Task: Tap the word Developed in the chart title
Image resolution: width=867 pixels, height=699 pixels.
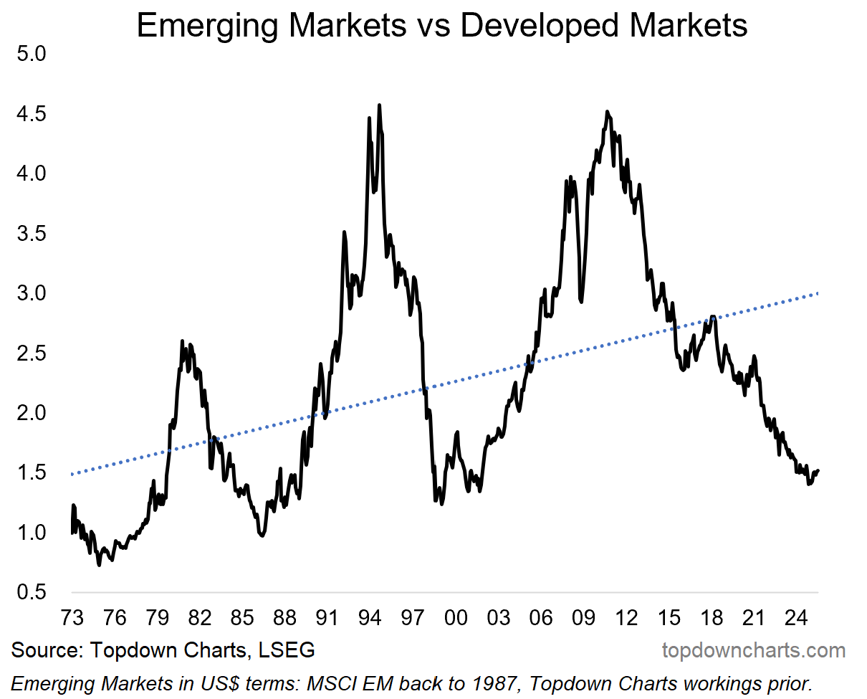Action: pos(544,26)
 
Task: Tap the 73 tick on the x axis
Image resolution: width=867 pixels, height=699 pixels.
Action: pos(72,617)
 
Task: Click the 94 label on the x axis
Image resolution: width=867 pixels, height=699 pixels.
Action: pos(370,617)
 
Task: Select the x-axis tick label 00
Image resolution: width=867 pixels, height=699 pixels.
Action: pos(455,617)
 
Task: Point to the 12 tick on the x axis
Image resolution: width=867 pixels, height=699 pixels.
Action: pos(626,617)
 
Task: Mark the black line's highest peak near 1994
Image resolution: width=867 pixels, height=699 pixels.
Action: pos(379,105)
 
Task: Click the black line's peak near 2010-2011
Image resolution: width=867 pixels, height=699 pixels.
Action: pos(607,112)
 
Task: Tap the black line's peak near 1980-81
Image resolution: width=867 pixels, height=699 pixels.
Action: pos(182,341)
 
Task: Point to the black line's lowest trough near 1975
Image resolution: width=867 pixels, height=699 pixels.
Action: pos(99,565)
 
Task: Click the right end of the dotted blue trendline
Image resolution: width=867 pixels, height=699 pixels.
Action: pos(818,293)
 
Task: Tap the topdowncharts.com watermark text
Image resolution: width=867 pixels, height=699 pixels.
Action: pos(753,651)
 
